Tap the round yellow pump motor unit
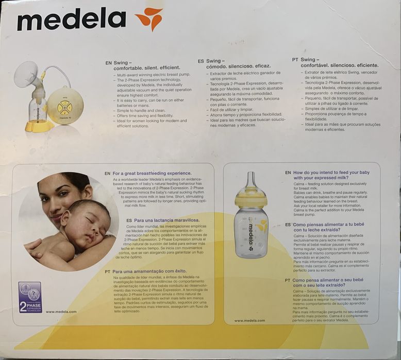click(65, 106)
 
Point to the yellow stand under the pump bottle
click(39, 125)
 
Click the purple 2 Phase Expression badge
click(30, 297)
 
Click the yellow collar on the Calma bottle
click(250, 199)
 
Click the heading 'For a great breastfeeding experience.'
click(152, 173)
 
